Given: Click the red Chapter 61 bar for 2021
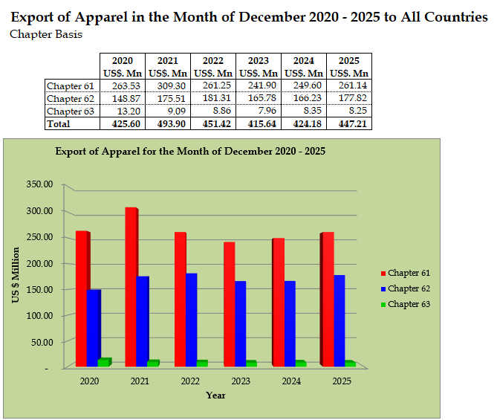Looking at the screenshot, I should tap(131, 286).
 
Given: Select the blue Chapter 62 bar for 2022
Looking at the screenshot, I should tap(192, 320).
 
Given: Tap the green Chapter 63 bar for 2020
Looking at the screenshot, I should tap(104, 362).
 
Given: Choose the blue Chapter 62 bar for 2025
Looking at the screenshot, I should tap(340, 320).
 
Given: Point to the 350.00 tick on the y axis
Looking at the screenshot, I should tap(39, 184).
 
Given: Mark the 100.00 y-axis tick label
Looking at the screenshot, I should tap(39, 315).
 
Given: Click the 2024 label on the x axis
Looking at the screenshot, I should tap(290, 381).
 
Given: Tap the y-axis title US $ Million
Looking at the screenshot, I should tap(16, 276).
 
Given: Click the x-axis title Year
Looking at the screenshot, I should tap(216, 395).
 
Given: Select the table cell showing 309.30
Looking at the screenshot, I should tap(167, 86).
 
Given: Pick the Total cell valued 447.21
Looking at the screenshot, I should tap(349, 124).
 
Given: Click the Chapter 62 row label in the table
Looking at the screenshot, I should tap(71, 99).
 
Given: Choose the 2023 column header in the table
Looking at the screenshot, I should tap(258, 61).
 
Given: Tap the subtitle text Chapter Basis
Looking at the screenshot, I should tap(46, 34).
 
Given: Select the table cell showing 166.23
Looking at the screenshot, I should tap(304, 99).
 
